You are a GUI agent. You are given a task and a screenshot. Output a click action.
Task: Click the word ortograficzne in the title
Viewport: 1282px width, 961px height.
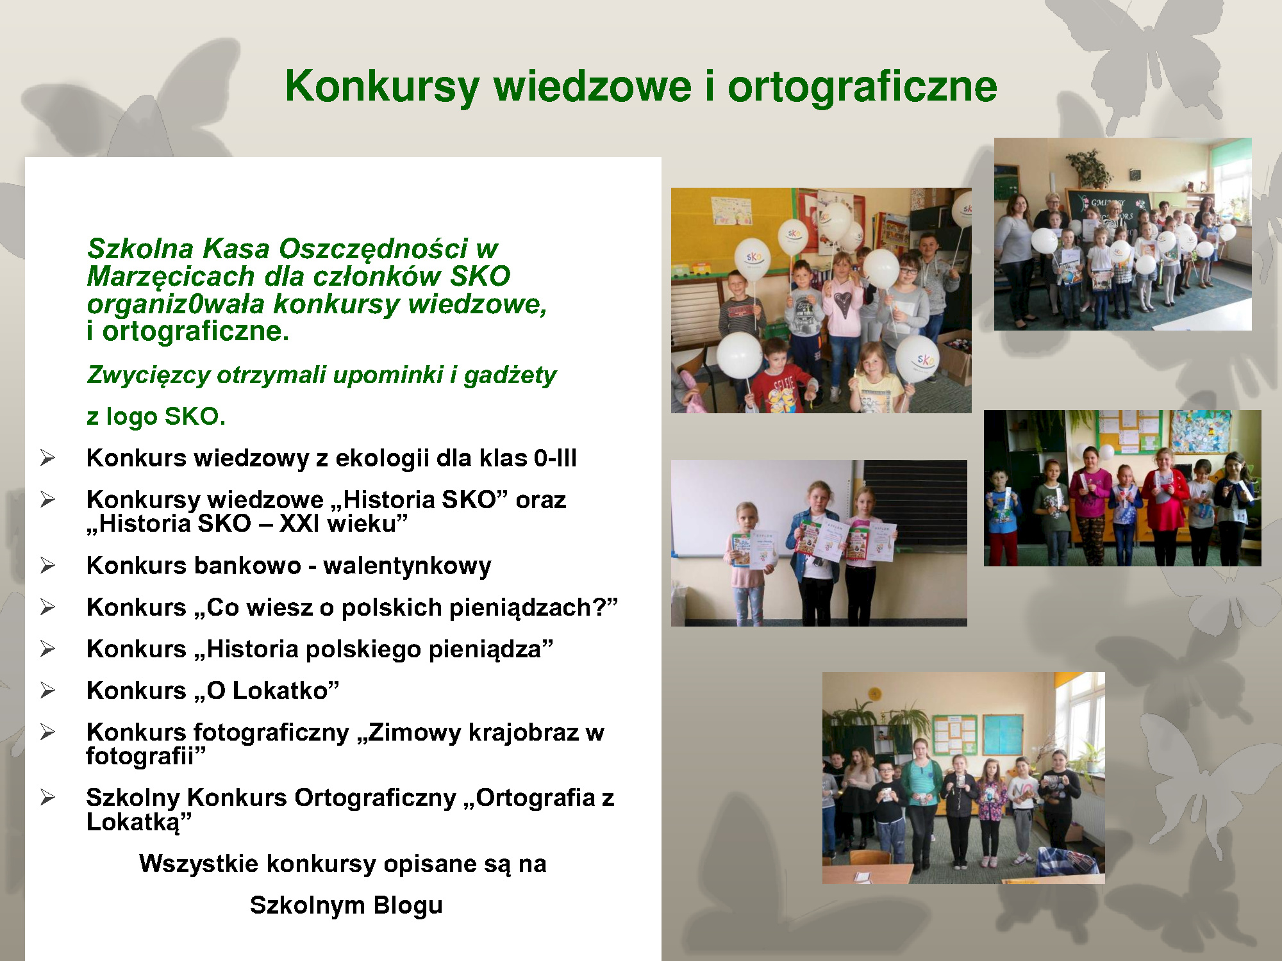point(862,87)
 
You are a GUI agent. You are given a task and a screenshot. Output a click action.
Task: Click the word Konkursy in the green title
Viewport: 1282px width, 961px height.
point(383,87)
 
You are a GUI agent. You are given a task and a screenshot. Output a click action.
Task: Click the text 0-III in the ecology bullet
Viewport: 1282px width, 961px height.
point(555,458)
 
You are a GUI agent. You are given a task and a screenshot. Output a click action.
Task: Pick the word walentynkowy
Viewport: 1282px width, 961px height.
point(407,566)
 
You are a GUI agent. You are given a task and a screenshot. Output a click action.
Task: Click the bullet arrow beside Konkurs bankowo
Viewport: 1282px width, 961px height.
point(47,566)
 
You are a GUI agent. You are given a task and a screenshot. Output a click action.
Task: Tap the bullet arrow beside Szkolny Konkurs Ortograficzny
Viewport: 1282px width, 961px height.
point(47,798)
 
